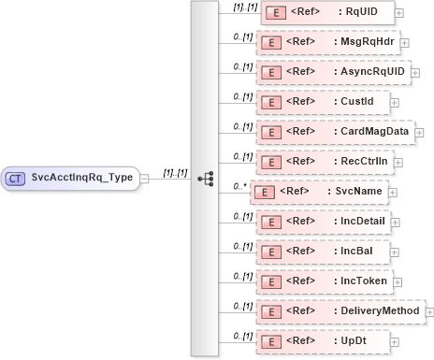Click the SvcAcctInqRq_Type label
click(81, 177)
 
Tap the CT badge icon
click(16, 177)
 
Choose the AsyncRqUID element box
click(333, 71)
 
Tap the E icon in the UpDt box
click(270, 339)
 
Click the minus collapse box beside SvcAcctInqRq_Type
click(145, 177)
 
